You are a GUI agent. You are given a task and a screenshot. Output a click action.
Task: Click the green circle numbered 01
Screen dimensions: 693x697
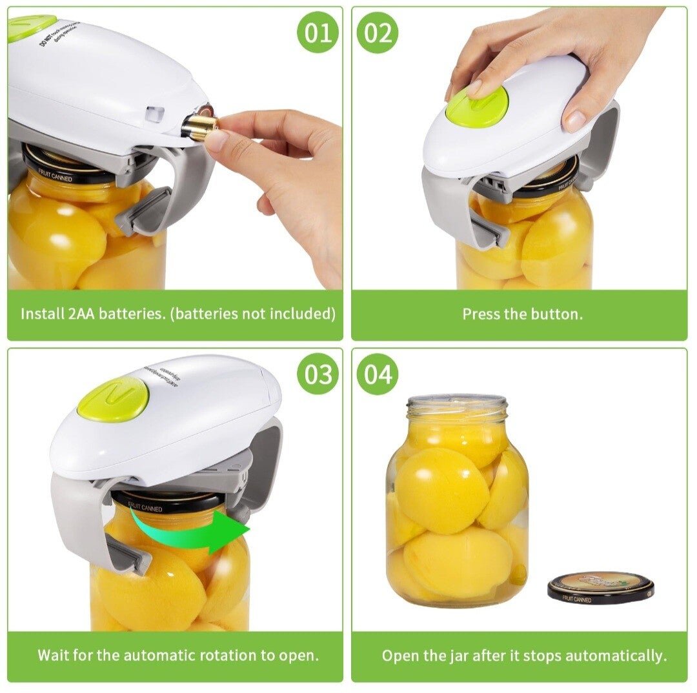pyautogui.click(x=318, y=32)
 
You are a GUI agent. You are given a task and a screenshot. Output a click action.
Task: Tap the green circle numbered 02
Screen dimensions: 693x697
pyautogui.click(x=378, y=32)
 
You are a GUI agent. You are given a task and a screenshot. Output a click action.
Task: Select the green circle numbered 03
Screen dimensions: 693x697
pyautogui.click(x=318, y=374)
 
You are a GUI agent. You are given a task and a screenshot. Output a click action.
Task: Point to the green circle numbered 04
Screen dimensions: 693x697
pyautogui.click(x=378, y=374)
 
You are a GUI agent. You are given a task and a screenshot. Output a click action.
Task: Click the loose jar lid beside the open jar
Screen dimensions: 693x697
pyautogui.click(x=600, y=586)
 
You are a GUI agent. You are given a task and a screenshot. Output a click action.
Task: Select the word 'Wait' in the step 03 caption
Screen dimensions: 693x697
pyautogui.click(x=52, y=656)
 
